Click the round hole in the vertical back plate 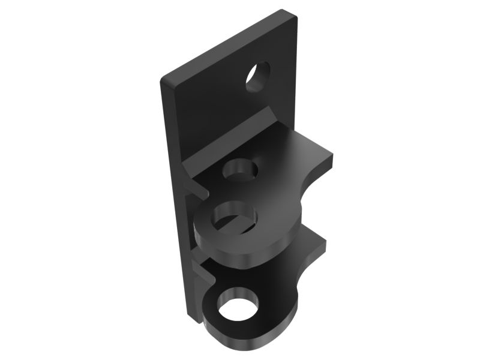click(x=258, y=77)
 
